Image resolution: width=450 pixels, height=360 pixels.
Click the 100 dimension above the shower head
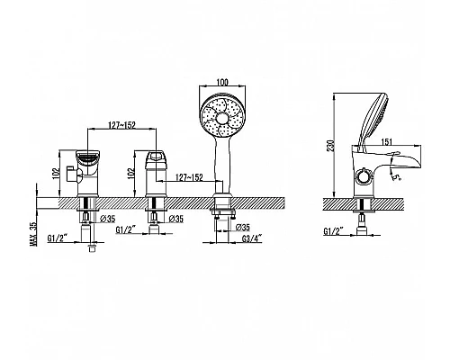[x=222, y=82]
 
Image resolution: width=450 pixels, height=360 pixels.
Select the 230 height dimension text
[x=330, y=146]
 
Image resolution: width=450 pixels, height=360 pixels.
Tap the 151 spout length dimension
[x=387, y=141]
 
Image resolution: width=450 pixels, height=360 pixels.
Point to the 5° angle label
[x=398, y=177]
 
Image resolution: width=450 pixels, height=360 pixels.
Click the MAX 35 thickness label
[x=35, y=234]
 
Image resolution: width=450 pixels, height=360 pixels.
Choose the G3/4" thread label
[x=252, y=238]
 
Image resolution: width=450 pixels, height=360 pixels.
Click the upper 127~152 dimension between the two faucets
[x=122, y=125]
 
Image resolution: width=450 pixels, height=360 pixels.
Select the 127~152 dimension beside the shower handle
[x=189, y=177]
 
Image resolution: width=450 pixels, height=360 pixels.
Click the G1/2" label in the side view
[x=334, y=231]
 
